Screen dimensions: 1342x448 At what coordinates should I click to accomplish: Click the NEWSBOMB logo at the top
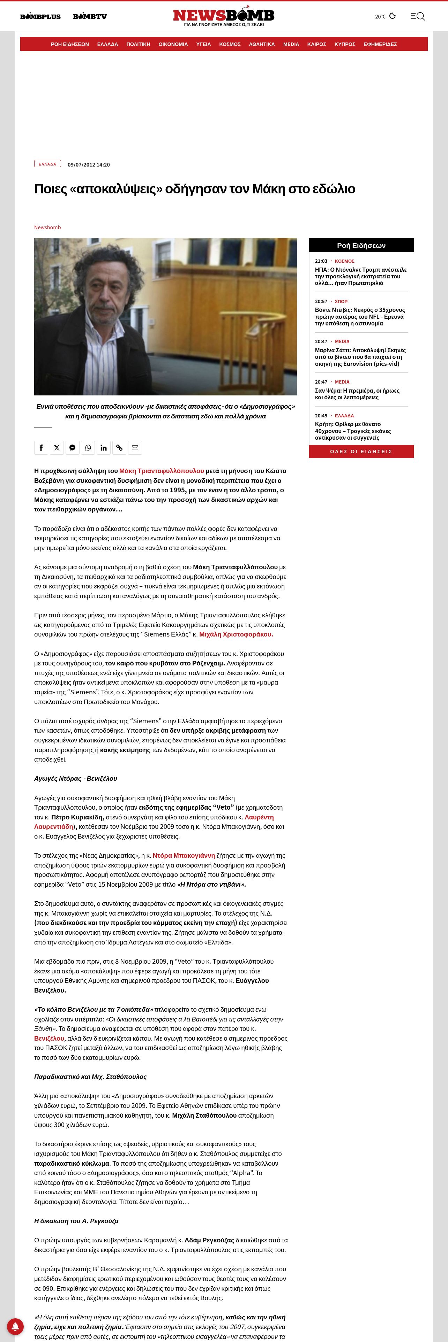pos(224,16)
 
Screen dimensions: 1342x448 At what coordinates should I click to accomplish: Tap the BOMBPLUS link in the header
pos(40,17)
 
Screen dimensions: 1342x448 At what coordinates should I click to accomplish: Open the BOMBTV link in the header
pos(90,17)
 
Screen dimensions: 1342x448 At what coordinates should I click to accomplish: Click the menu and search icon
pos(417,16)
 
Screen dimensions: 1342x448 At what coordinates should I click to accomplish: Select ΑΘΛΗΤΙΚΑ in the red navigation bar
pos(261,44)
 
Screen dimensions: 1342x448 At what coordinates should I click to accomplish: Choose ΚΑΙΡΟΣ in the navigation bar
pos(316,44)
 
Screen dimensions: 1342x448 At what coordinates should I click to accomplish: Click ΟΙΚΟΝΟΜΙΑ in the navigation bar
pos(173,44)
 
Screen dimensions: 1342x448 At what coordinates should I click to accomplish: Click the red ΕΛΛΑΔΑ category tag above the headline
pos(47,164)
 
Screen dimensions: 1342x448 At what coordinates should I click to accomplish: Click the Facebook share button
pos(41,447)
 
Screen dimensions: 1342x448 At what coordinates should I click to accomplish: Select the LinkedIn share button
pos(104,447)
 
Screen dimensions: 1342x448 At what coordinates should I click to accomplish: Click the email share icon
pos(135,447)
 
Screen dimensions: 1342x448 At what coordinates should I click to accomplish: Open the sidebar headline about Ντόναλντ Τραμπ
pos(360,276)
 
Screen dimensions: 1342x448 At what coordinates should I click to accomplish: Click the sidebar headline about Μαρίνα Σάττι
pos(360,357)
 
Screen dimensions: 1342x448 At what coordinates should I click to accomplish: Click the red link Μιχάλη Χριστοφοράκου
pos(236,634)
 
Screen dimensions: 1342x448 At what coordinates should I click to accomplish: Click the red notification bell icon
pos(15,1326)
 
